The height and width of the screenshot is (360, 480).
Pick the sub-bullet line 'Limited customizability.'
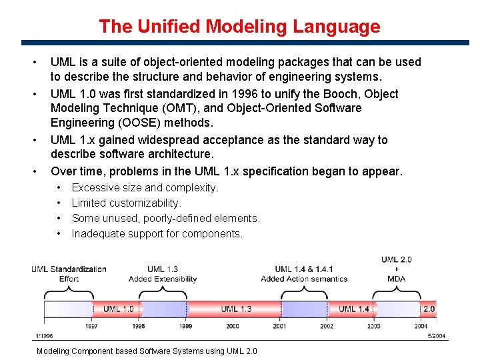(x=126, y=203)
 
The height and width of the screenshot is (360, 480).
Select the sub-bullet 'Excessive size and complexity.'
(x=145, y=187)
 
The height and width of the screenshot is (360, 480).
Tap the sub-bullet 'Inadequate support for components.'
(x=157, y=233)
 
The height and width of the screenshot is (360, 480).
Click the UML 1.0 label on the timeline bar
(x=118, y=309)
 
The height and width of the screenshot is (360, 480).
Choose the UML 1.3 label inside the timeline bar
(x=236, y=309)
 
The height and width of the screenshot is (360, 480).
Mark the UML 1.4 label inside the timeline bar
(x=353, y=309)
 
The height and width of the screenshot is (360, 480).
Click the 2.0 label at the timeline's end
(x=429, y=309)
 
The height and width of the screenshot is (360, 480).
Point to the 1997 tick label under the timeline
(x=92, y=326)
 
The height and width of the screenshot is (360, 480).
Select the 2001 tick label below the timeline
(x=279, y=326)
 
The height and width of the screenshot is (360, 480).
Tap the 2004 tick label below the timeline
(x=421, y=326)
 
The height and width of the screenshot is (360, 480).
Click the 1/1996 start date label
(x=43, y=335)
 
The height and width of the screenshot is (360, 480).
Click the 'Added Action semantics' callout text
(x=304, y=279)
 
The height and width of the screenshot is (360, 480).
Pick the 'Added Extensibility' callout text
(x=163, y=279)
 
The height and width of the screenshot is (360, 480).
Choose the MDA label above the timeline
(x=397, y=279)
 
